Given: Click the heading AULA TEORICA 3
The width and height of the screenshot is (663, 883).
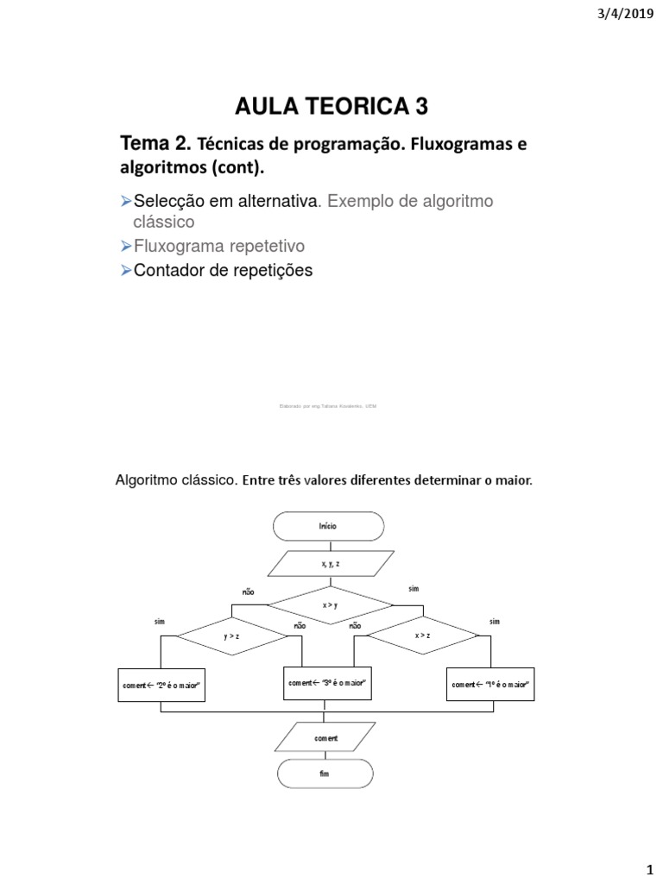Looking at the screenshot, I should pos(331,106).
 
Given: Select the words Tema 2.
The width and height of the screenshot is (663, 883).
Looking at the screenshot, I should pos(155,144).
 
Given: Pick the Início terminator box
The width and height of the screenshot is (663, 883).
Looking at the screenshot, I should pos(327,525).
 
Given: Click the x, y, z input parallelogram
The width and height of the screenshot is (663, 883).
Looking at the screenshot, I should pos(327,564).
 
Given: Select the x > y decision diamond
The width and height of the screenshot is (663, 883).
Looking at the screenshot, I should pos(329,604).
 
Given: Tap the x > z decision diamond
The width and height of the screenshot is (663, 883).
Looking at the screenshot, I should pos(422,636).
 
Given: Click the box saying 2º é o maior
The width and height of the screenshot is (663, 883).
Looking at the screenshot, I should pos(161,685).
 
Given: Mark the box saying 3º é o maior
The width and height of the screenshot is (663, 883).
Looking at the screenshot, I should pos(328,683).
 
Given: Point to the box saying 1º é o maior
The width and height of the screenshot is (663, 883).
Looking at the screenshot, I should pos(489,685).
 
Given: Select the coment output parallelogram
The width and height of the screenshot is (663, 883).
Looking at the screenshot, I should pos(326,738).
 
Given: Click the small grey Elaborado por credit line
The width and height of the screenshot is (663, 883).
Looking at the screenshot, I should pos(329,405).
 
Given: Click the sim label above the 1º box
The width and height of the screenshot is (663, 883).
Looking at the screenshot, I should pos(494,622).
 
